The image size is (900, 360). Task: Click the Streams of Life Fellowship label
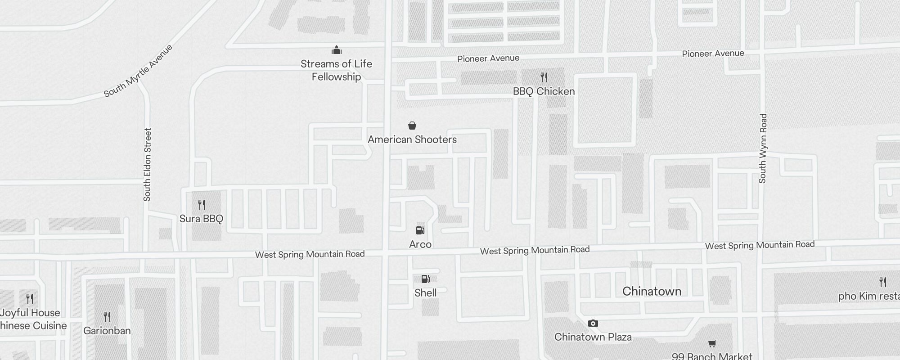336,70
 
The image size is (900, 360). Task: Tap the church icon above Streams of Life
336,49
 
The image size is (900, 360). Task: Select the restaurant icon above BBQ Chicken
544,77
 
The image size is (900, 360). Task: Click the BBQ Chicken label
544,91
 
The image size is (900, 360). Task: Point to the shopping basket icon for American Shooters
412,126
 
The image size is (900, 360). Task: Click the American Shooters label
412,139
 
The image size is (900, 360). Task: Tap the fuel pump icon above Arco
420,230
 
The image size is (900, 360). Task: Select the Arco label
420,244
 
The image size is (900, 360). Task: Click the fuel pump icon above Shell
425,279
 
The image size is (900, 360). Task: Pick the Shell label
425,293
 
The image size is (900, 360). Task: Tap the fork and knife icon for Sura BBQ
202,205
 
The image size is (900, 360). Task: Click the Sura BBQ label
201,219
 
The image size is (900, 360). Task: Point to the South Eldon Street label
147,165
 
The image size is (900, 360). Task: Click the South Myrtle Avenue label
138,71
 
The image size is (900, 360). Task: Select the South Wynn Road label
762,148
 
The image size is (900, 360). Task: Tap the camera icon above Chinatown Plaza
593,323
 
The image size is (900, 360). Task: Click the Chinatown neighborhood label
652,291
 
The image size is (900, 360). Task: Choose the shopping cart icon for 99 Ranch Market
712,344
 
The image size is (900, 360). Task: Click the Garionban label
107,331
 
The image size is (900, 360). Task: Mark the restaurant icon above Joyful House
30,298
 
